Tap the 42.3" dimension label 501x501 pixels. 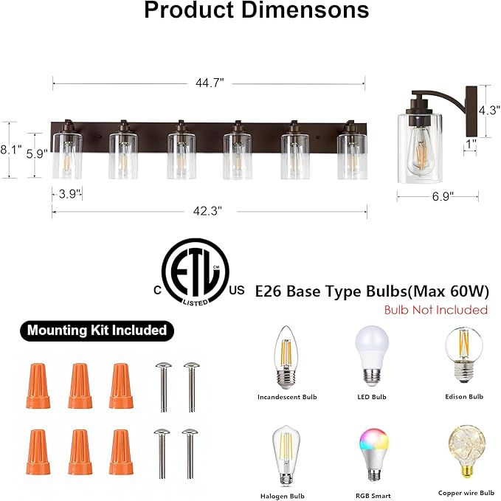209,210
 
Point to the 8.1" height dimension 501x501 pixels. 10,150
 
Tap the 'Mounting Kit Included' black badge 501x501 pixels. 97,330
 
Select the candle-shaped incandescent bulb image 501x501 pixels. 287,359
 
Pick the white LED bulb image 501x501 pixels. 371,355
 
